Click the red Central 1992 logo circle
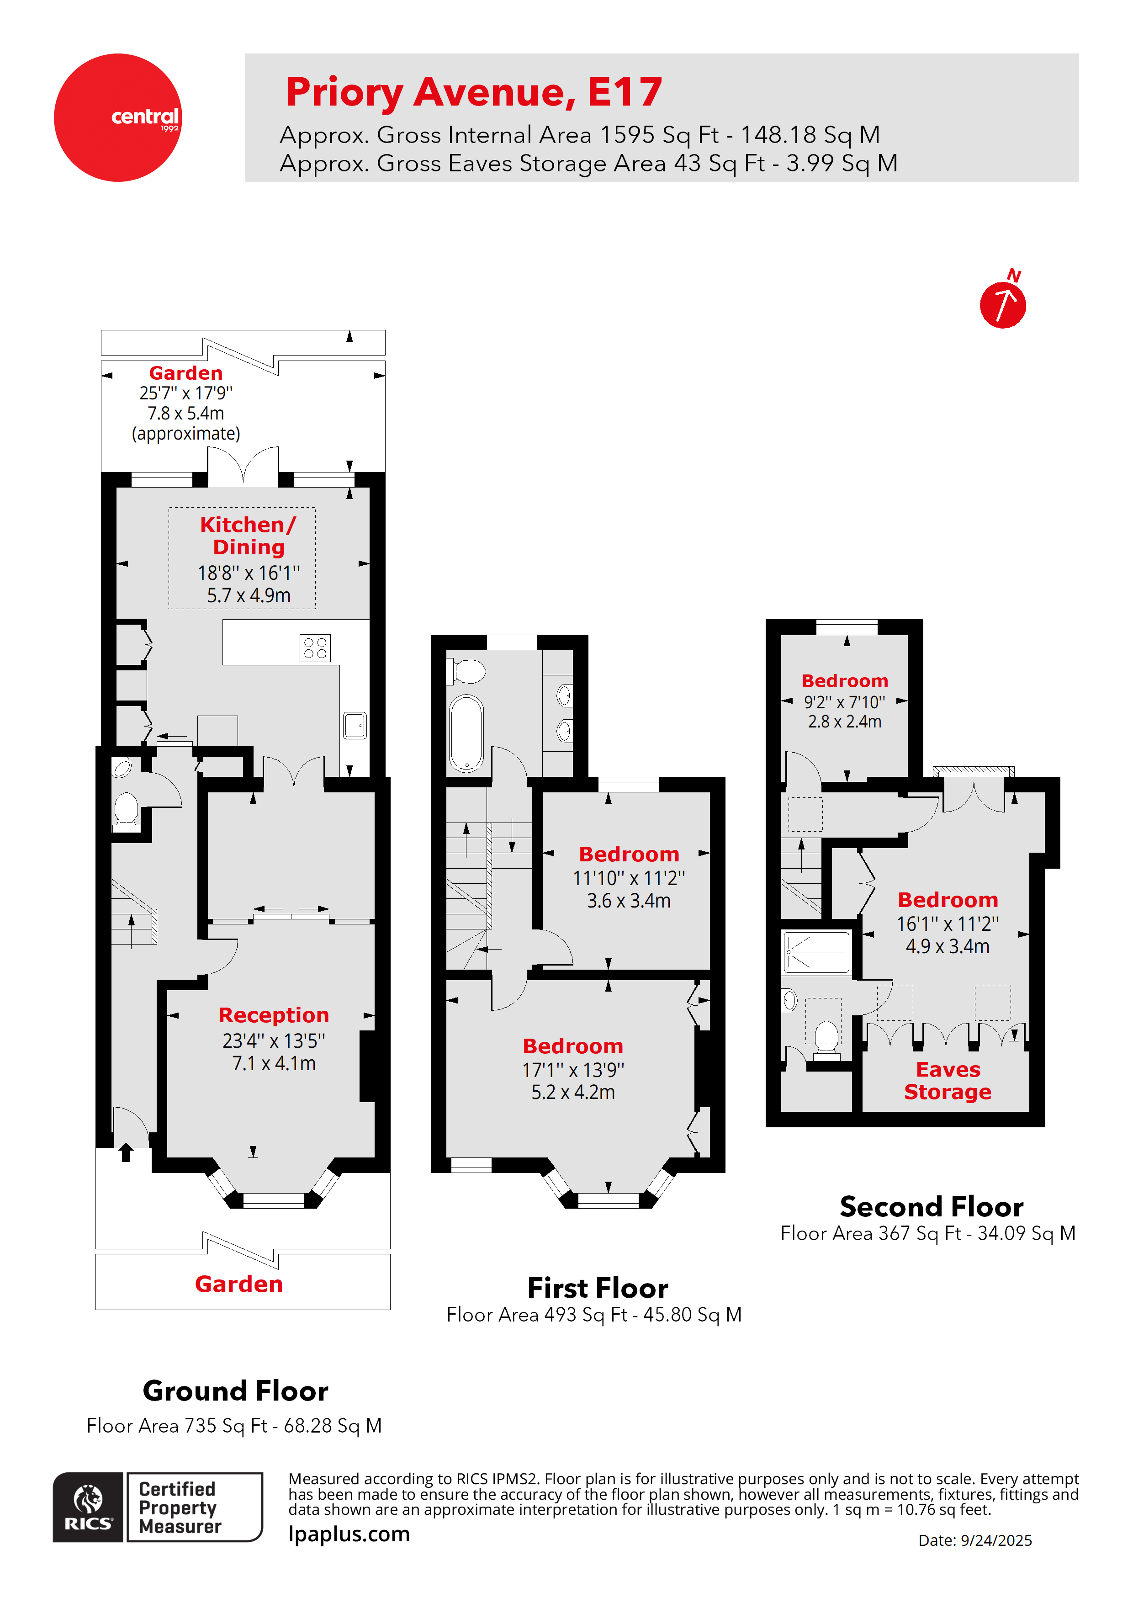click(x=118, y=117)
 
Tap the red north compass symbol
click(x=1003, y=300)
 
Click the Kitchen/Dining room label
click(x=249, y=536)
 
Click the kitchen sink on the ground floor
click(x=355, y=725)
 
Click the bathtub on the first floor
click(x=466, y=733)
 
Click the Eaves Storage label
click(x=948, y=1080)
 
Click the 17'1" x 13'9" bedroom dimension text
click(x=573, y=1070)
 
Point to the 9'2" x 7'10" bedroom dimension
click(x=845, y=702)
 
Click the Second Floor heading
click(x=931, y=1206)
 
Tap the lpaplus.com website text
click(x=349, y=1534)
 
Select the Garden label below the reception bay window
click(x=239, y=1284)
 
